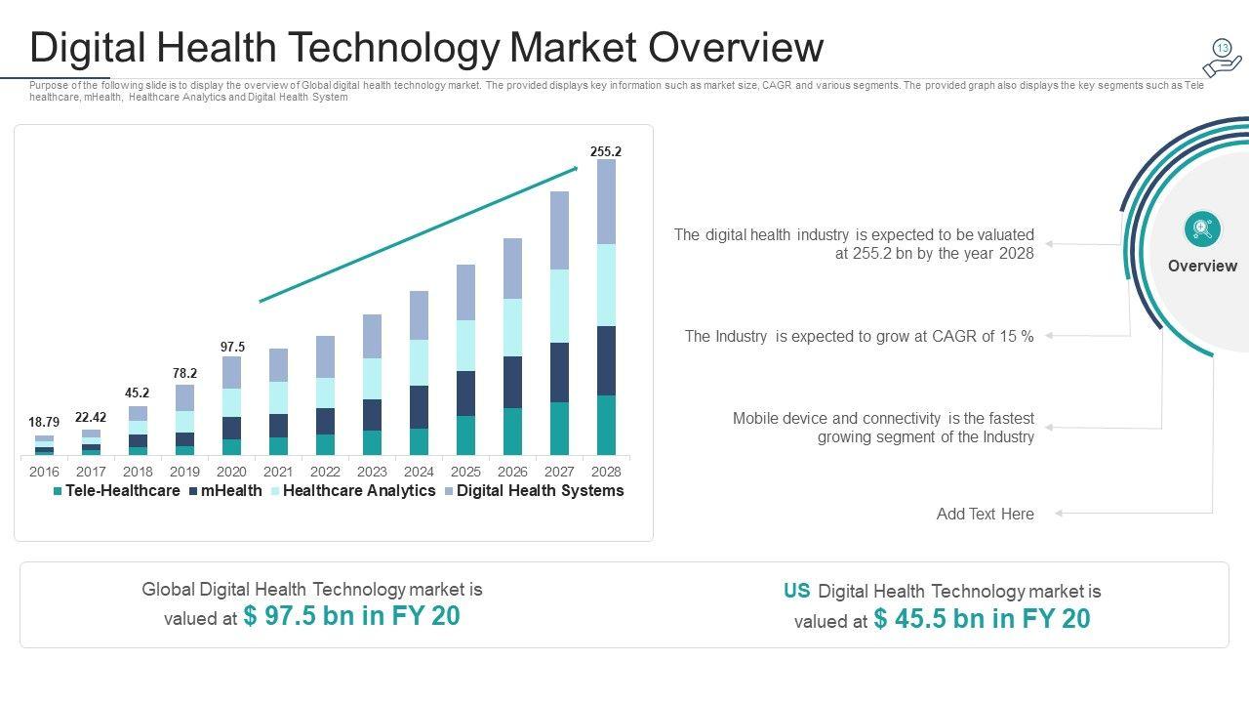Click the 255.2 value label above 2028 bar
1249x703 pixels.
[605, 151]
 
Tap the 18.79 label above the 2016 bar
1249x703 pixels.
[44, 422]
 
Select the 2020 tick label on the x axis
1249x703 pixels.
[231, 472]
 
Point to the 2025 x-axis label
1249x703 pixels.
[465, 472]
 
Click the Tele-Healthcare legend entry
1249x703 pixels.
[116, 491]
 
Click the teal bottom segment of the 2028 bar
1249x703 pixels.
[606, 425]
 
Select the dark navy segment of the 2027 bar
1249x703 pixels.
[559, 372]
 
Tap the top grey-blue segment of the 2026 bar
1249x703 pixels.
[512, 268]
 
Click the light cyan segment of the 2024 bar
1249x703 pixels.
[419, 362]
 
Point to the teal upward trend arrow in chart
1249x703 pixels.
[420, 233]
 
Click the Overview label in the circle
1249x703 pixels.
[1202, 266]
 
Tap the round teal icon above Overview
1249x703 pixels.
[1202, 228]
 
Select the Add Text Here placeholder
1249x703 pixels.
[985, 514]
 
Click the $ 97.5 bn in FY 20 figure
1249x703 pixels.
[351, 616]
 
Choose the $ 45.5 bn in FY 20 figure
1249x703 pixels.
[982, 619]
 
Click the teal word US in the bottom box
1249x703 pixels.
[796, 591]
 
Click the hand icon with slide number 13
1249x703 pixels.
[1222, 58]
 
